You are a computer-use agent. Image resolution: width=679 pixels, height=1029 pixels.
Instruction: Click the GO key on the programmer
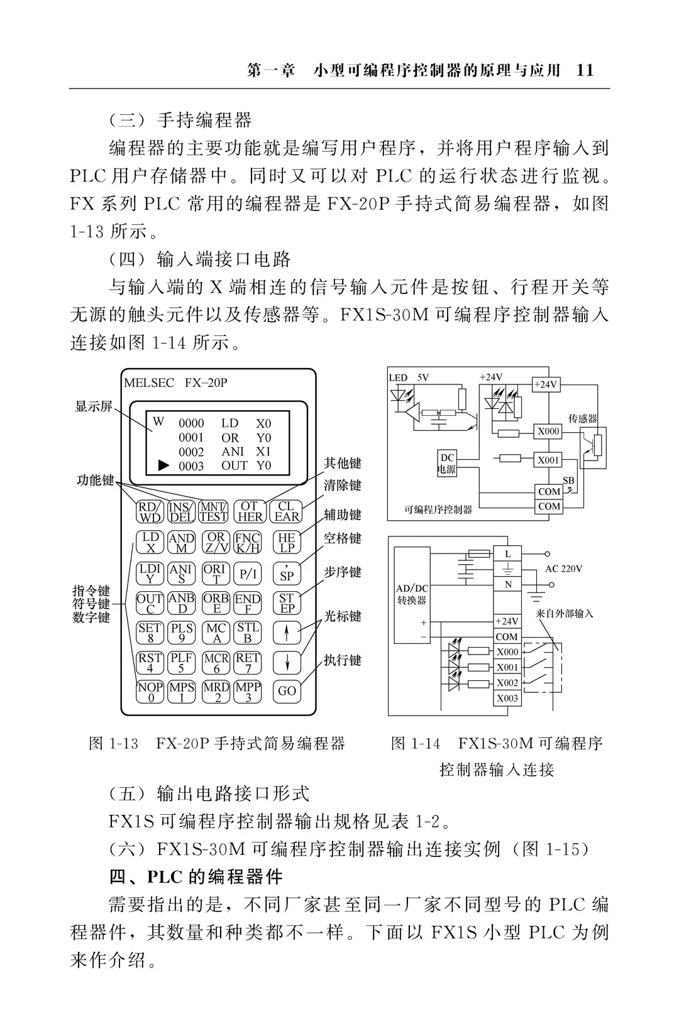(x=287, y=691)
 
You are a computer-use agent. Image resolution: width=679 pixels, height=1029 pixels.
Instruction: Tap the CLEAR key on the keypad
(x=287, y=511)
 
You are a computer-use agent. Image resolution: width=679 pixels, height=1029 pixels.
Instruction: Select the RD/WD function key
(x=150, y=511)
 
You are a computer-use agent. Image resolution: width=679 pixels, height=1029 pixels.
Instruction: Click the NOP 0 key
(x=150, y=692)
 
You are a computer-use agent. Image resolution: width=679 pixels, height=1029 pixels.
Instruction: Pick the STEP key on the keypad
(x=287, y=603)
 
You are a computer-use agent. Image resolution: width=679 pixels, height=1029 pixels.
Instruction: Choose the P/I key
(x=248, y=574)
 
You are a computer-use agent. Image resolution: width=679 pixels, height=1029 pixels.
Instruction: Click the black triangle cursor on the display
(x=163, y=465)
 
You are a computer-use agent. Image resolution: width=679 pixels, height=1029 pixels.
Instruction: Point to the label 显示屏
(x=94, y=406)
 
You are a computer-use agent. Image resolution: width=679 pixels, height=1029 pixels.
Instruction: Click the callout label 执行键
(x=343, y=660)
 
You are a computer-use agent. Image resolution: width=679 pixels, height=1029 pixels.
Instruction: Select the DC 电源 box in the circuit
(x=447, y=463)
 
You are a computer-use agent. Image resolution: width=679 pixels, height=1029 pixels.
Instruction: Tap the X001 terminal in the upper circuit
(x=548, y=460)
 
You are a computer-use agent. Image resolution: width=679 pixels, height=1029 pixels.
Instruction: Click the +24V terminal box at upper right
(x=546, y=384)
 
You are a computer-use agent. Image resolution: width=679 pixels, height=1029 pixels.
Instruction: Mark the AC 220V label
(x=563, y=569)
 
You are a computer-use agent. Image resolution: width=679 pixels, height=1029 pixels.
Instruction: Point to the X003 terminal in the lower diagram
(x=507, y=698)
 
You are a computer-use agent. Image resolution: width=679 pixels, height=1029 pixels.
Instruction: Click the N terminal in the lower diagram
(x=507, y=584)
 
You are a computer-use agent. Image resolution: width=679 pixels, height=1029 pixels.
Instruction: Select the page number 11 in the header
(x=585, y=70)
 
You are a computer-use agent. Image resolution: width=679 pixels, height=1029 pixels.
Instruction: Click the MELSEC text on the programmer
(x=149, y=383)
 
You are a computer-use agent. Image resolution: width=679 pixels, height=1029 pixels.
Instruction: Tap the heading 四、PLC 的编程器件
(x=196, y=877)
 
